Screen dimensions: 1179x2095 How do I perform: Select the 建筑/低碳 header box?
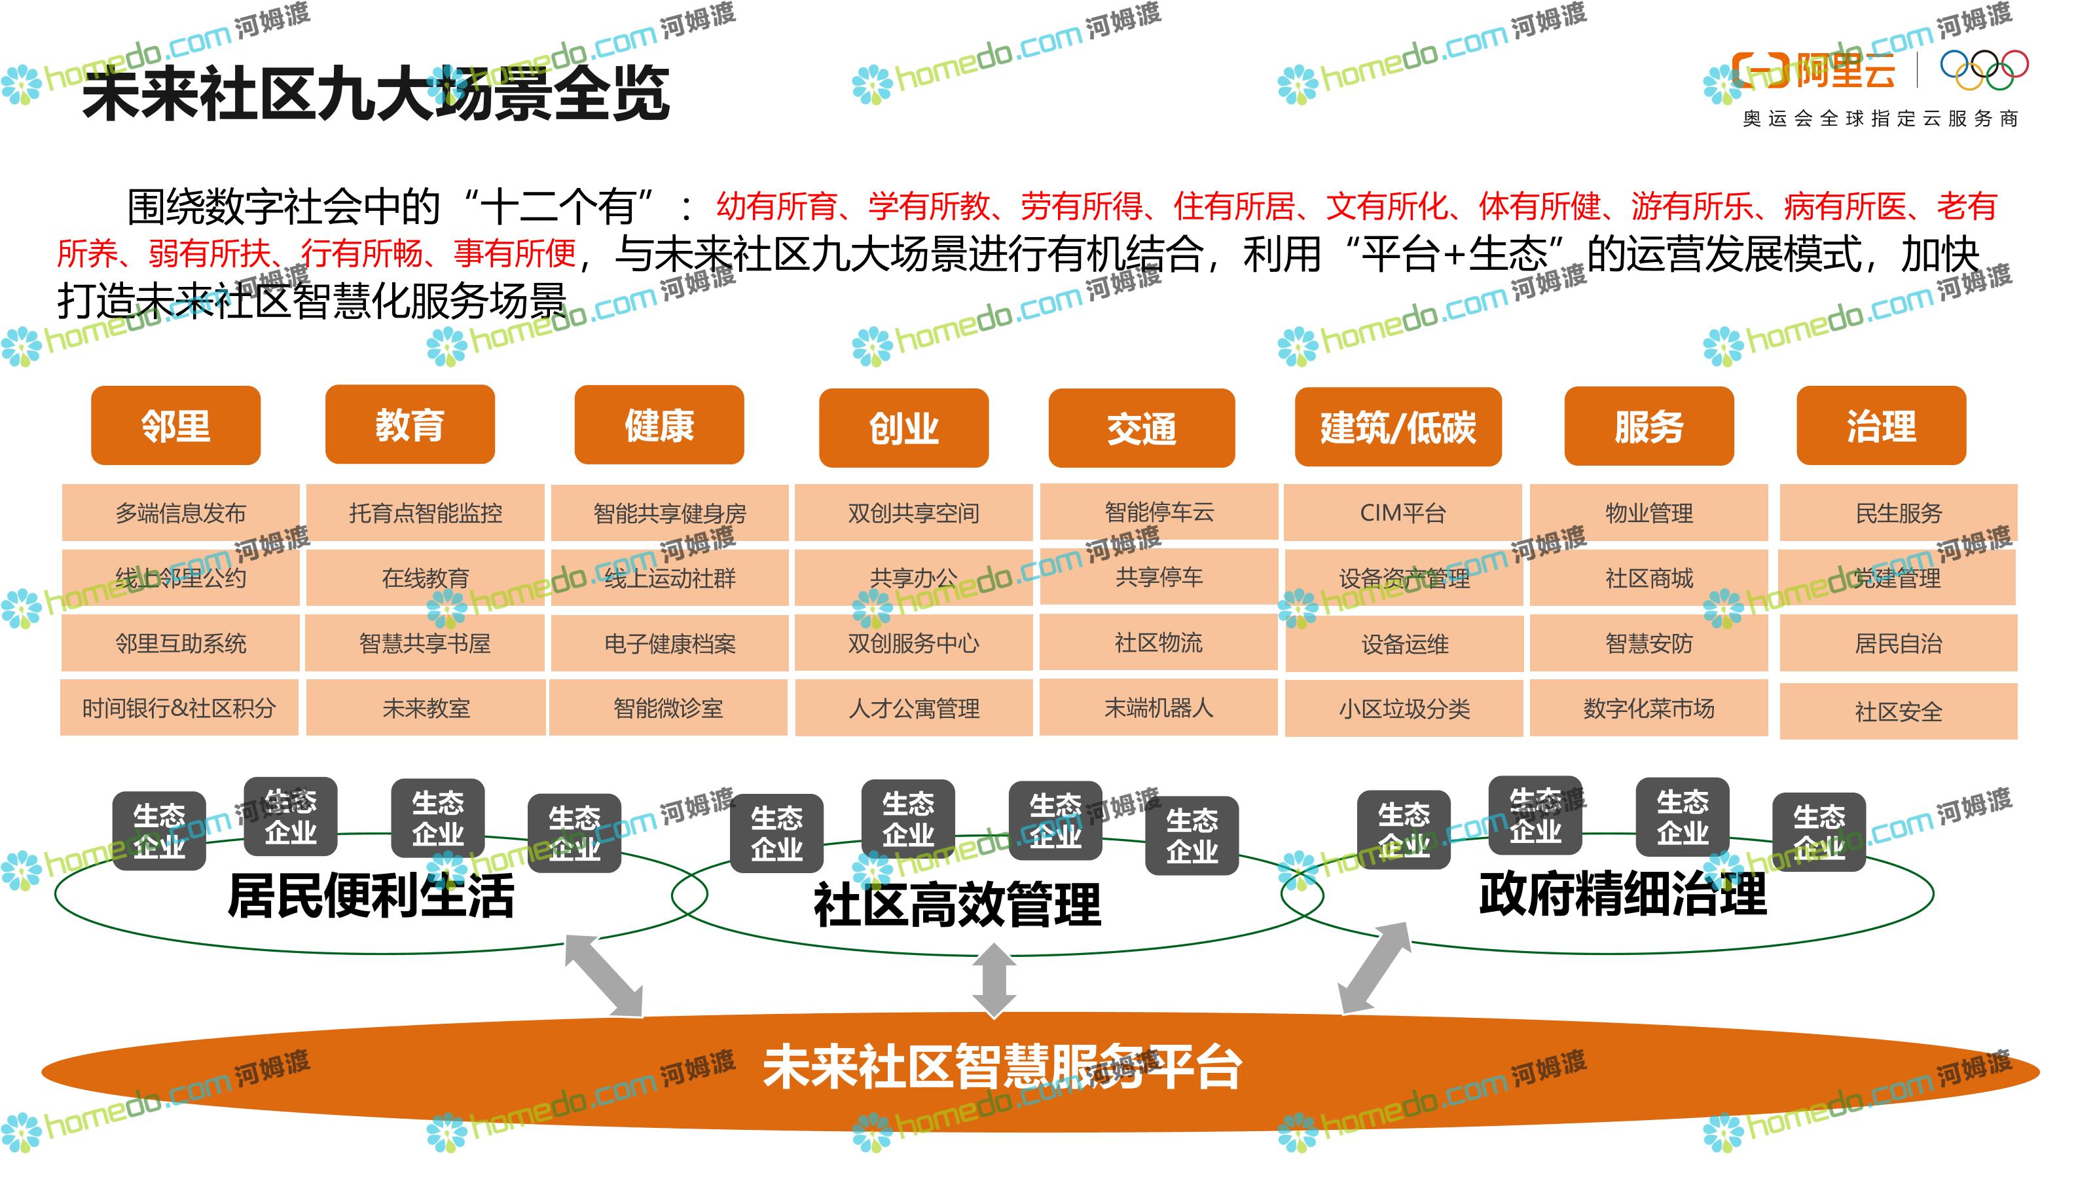pyautogui.click(x=1397, y=427)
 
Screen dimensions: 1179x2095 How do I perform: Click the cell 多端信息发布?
pyautogui.click(x=181, y=513)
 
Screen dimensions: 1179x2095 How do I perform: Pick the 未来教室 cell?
pyautogui.click(x=426, y=708)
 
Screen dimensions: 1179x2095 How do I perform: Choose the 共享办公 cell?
pyautogui.click(x=913, y=578)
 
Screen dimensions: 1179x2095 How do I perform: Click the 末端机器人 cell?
pyautogui.click(x=1158, y=707)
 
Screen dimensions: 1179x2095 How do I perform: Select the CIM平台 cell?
pyautogui.click(x=1403, y=513)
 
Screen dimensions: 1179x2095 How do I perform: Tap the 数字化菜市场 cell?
pyautogui.click(x=1649, y=708)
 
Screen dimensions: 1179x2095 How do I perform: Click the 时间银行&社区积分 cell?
pyautogui.click(x=179, y=708)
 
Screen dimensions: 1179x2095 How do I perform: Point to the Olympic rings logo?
pyautogui.click(x=1984, y=70)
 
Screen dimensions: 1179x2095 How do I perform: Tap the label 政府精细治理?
pyautogui.click(x=1622, y=893)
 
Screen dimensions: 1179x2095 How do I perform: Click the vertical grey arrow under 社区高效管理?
pyautogui.click(x=994, y=980)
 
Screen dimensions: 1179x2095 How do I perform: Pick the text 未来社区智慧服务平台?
pyautogui.click(x=1002, y=1067)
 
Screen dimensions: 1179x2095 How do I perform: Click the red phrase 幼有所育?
pyautogui.click(x=776, y=206)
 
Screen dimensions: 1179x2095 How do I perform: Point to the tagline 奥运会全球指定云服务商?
pyautogui.click(x=1880, y=119)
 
